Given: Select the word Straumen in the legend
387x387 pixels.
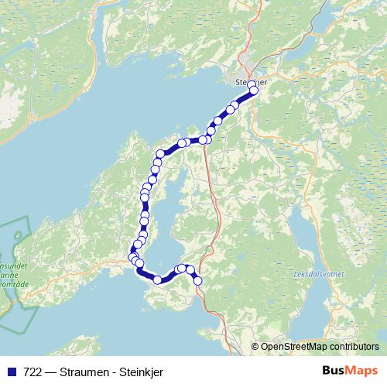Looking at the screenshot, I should (80, 372).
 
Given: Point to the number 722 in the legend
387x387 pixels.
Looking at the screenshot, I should (33, 372).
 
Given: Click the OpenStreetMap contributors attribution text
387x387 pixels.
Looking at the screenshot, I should (320, 346).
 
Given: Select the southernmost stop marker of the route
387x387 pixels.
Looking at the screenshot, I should (197, 281).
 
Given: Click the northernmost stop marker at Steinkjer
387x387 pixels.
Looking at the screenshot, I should (252, 85).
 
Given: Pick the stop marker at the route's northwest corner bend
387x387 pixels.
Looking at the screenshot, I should (161, 153).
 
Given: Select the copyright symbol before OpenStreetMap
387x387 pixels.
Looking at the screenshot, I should (256, 346).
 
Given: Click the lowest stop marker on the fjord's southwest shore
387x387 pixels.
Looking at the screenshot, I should (158, 280).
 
